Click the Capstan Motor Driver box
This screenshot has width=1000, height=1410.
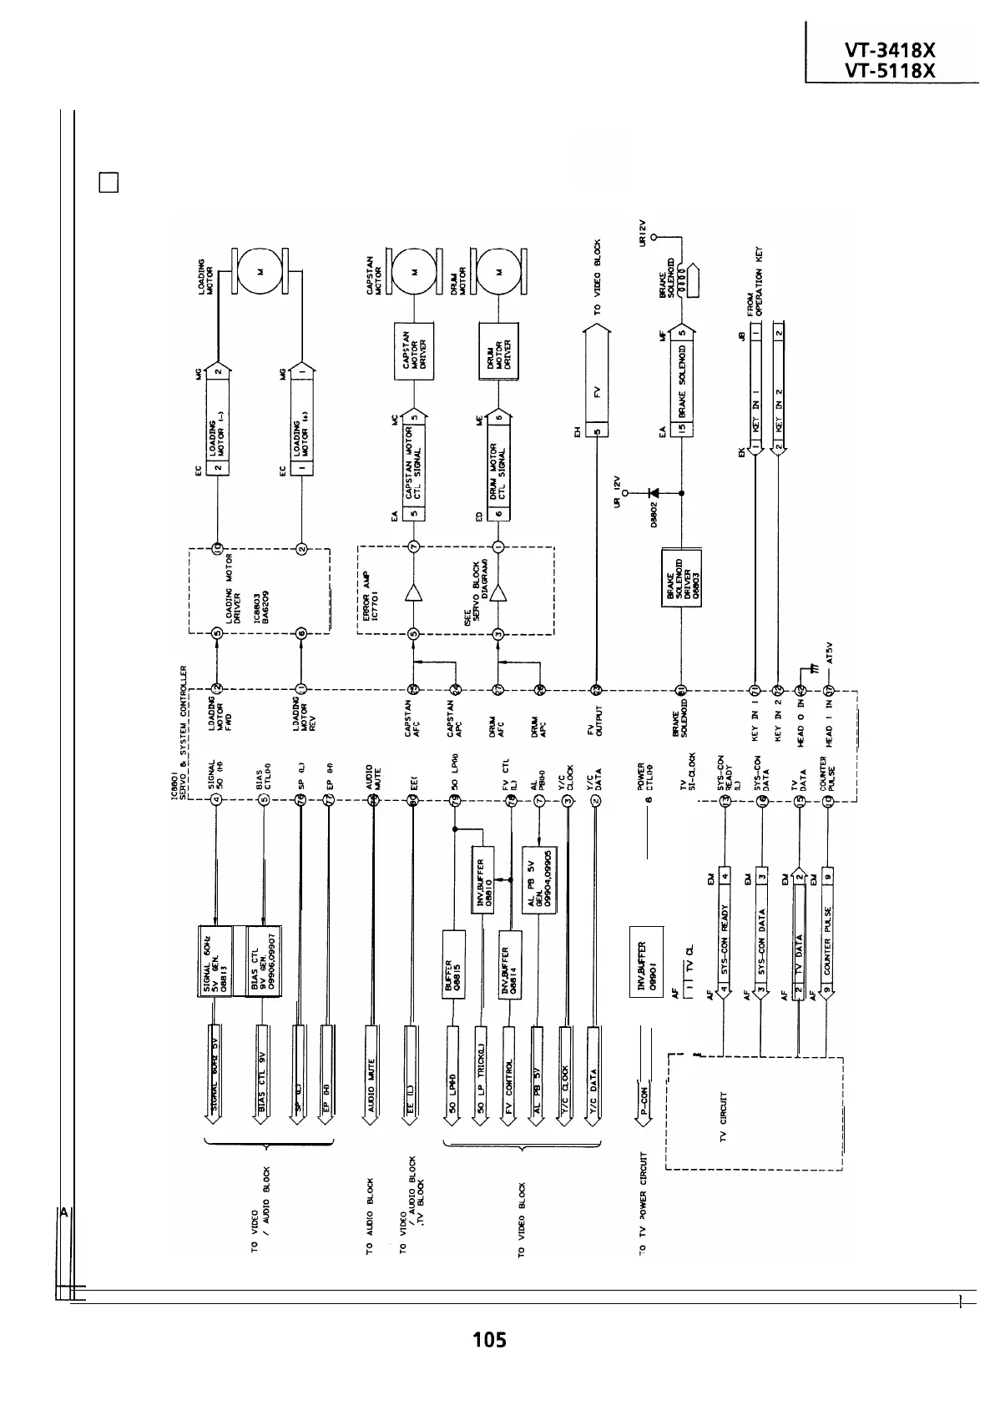pos(414,351)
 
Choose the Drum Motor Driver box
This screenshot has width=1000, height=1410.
pos(498,351)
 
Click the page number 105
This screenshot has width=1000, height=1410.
pos(489,1340)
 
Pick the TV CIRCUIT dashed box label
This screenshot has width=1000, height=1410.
pos(723,1118)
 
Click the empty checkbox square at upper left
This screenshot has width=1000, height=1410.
pos(109,183)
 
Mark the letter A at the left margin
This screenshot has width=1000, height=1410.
pos(63,1212)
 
